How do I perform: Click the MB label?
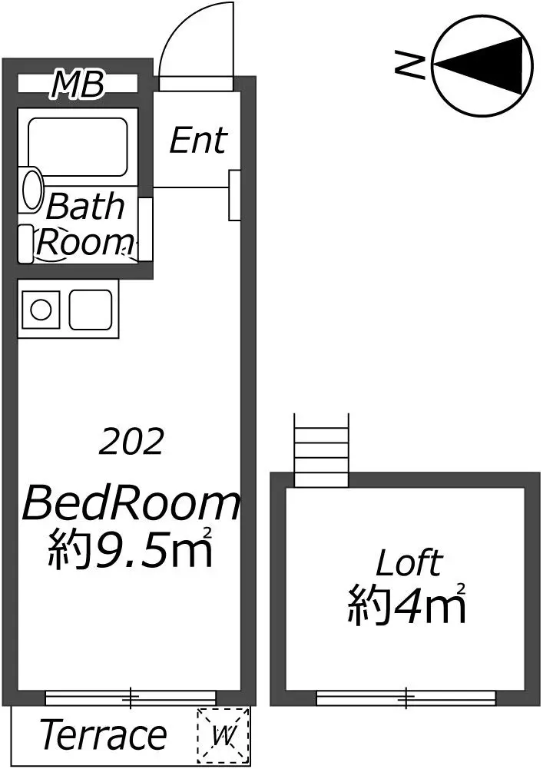click(x=78, y=84)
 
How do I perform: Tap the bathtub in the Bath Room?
click(x=78, y=146)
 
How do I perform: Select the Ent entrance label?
click(x=198, y=140)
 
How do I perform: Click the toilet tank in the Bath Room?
click(x=25, y=244)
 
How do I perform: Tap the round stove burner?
click(x=41, y=310)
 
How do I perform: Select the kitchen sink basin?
click(x=91, y=310)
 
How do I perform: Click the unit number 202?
click(x=131, y=442)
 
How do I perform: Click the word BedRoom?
click(x=131, y=502)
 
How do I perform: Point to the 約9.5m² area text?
click(x=130, y=548)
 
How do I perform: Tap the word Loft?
click(x=409, y=563)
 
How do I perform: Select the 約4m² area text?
click(x=406, y=604)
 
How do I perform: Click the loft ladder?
click(x=321, y=449)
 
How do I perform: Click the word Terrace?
click(x=104, y=734)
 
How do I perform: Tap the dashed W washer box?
click(x=223, y=735)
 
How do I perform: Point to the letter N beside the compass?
click(x=410, y=65)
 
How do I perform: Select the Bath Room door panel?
click(x=145, y=230)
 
